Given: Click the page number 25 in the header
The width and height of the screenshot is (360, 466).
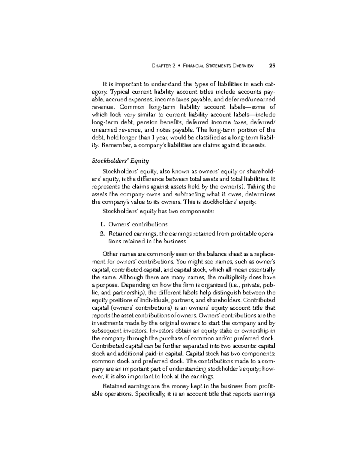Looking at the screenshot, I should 272,66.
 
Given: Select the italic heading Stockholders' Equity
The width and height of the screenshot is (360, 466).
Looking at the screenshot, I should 120,161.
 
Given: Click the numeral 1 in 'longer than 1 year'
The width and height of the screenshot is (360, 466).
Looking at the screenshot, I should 156,138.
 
